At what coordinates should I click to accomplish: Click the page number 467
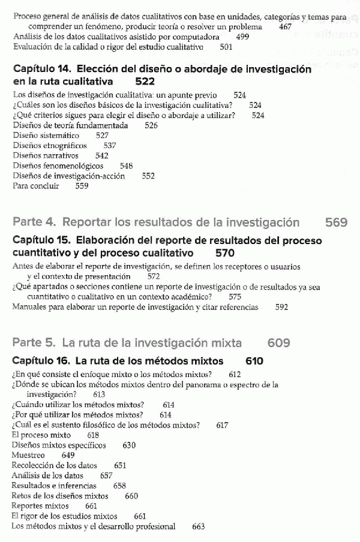click(x=286, y=27)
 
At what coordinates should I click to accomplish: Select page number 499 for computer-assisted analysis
click(x=243, y=37)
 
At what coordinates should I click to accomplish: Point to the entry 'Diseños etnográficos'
click(x=50, y=146)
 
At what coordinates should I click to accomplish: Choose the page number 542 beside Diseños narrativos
click(x=102, y=156)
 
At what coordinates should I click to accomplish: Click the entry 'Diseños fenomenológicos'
click(x=58, y=166)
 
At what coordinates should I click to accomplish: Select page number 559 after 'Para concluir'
click(x=82, y=186)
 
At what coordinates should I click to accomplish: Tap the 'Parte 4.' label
click(x=34, y=223)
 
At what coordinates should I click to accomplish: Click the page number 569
click(x=336, y=223)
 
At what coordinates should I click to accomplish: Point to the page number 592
click(x=281, y=308)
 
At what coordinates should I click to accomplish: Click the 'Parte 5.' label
click(x=34, y=344)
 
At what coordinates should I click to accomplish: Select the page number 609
click(x=279, y=344)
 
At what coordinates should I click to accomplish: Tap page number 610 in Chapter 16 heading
click(x=254, y=362)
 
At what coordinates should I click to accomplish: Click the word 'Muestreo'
click(x=28, y=456)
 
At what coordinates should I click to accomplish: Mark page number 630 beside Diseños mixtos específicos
click(x=129, y=445)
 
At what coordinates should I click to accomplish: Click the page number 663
click(x=199, y=527)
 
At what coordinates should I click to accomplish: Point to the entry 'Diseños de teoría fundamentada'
click(x=70, y=125)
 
